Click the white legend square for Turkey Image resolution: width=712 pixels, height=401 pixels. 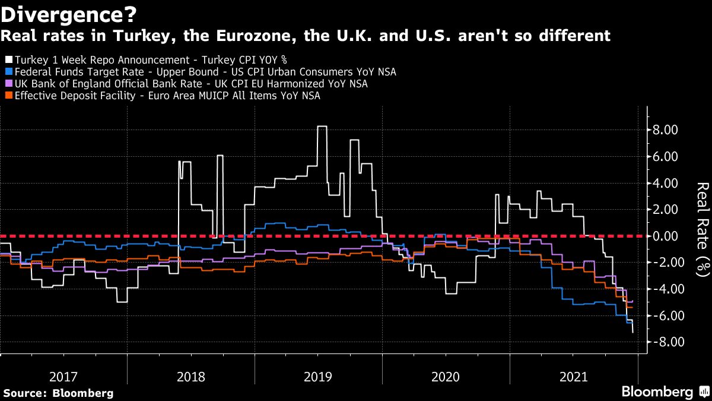pos(8,60)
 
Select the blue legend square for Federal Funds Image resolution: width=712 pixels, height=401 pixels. pos(8,72)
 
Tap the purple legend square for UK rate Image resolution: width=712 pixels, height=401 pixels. pos(8,84)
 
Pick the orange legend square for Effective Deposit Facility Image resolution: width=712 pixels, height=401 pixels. pos(8,96)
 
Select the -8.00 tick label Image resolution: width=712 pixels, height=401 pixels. pos(663,342)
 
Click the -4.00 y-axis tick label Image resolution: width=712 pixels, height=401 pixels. pos(663,289)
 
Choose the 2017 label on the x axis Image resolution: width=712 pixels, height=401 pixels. pos(63,377)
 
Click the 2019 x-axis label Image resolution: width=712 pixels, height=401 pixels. pos(319,377)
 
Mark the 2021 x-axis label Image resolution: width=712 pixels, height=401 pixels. pos(574,377)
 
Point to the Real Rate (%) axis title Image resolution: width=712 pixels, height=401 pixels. pos(701,229)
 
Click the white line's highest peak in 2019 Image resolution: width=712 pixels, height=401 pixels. pos(322,127)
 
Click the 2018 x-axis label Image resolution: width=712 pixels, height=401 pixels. pos(191,377)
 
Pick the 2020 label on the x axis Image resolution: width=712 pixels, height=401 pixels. pos(446,377)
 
